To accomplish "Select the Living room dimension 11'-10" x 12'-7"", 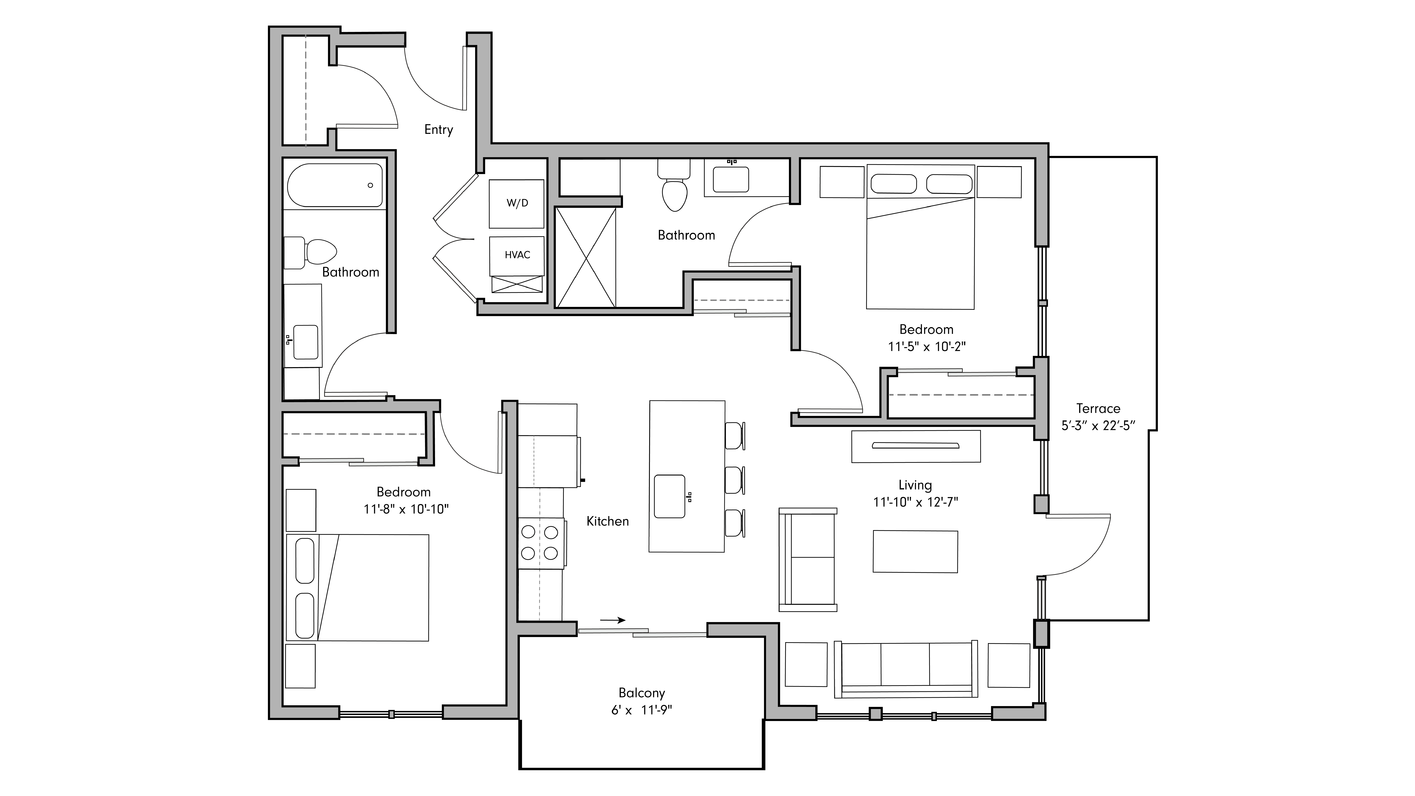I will point(915,502).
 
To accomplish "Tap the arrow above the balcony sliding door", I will point(612,620).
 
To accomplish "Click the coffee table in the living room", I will point(915,551).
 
